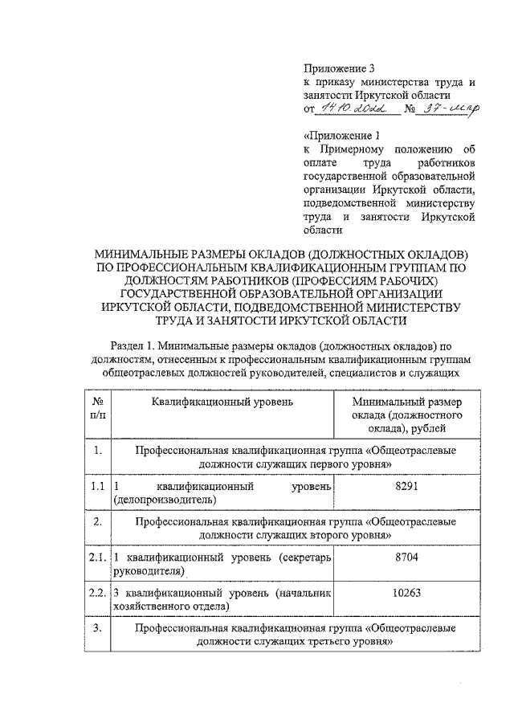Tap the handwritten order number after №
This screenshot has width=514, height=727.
pos(451,107)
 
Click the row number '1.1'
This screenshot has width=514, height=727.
pos(97,488)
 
